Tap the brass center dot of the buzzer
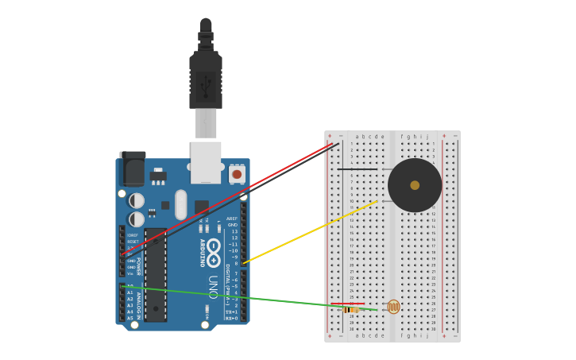[x=415, y=185]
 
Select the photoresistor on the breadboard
[x=393, y=307]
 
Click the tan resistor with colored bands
[x=350, y=309]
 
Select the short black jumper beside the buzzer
[x=358, y=169]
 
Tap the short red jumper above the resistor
[x=350, y=304]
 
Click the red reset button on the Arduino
[x=237, y=174]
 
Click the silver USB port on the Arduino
[x=206, y=161]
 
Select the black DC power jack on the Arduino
[x=132, y=169]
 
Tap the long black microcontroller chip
[x=156, y=275]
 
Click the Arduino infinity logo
[x=214, y=247]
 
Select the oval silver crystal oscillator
[x=181, y=204]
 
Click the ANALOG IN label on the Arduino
[x=139, y=305]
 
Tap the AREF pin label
[x=232, y=219]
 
